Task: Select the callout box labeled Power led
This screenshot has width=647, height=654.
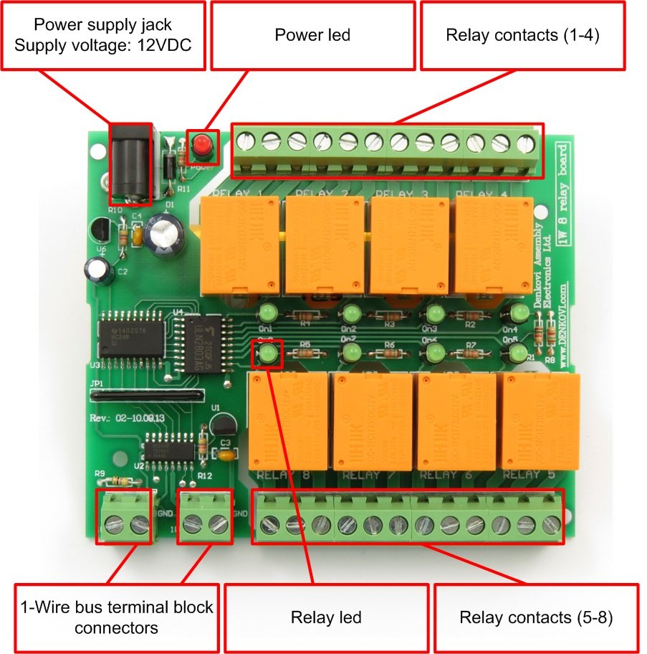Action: point(312,35)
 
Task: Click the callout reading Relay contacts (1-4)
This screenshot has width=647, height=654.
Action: point(522,35)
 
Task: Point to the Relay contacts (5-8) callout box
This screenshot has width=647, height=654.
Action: point(536,617)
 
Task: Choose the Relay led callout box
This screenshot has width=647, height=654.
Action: point(326,617)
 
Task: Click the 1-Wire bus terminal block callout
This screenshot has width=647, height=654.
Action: point(114,617)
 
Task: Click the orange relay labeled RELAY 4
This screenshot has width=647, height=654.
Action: point(494,242)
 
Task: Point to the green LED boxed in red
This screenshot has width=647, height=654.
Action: point(268,352)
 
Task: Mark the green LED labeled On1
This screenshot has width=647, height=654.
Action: point(267,313)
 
